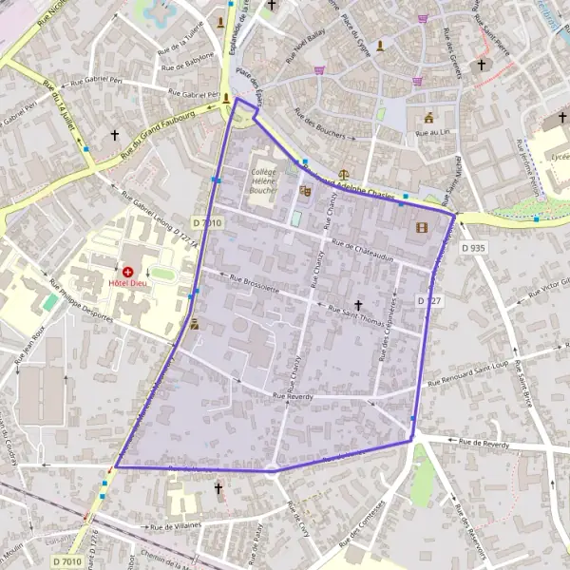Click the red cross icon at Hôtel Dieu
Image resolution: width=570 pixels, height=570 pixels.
tap(127, 272)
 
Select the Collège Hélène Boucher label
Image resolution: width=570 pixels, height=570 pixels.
tap(263, 180)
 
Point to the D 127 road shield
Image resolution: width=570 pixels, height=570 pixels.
tap(430, 300)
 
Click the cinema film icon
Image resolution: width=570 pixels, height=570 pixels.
tap(422, 227)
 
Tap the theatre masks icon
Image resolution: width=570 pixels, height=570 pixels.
tap(305, 191)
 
